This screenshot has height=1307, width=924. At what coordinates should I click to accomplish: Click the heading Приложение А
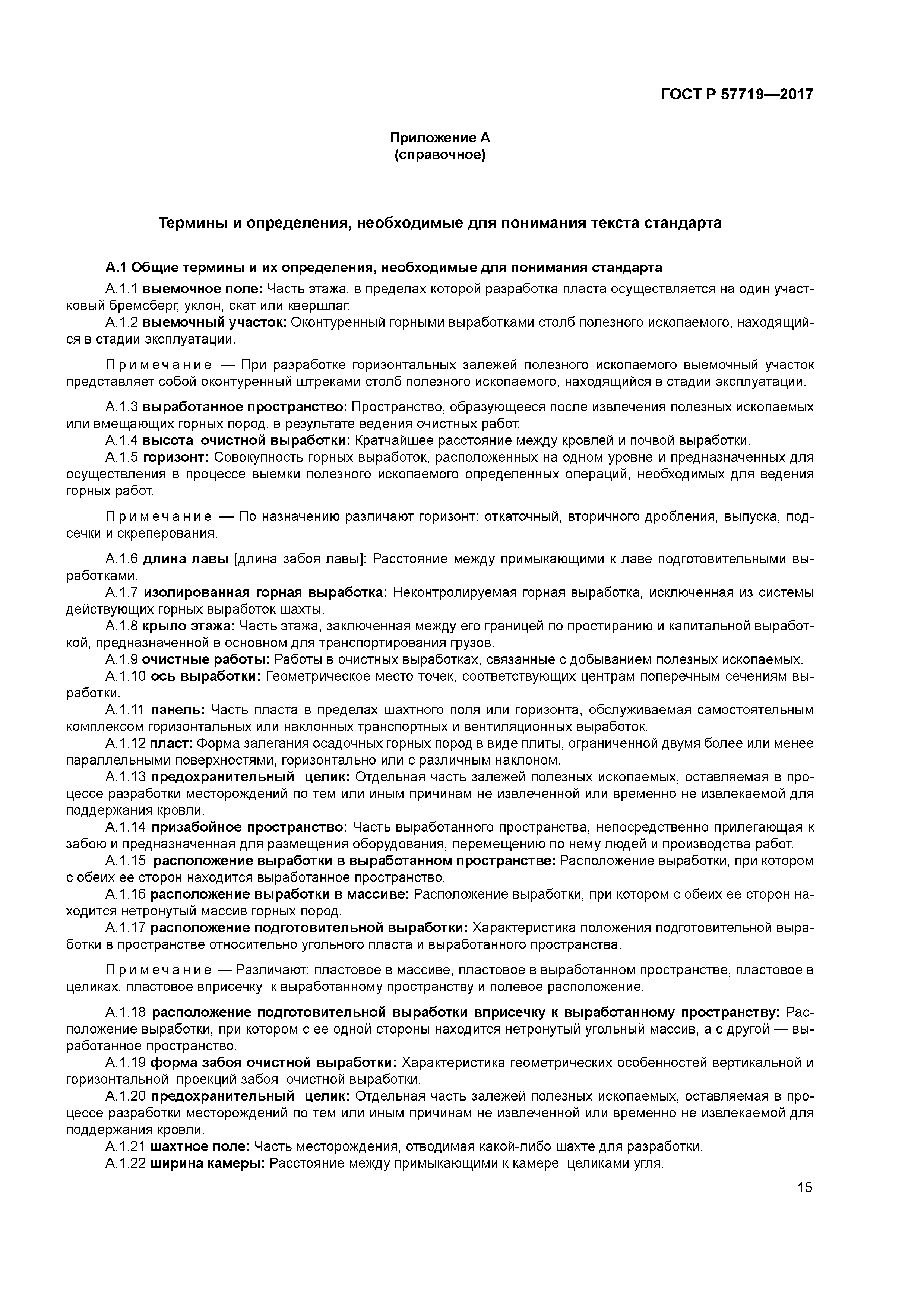tap(440, 138)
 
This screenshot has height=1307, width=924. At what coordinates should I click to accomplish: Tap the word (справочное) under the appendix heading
tap(440, 155)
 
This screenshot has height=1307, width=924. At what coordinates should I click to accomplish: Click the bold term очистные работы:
tap(206, 660)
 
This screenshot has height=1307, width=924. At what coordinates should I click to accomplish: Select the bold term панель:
tap(178, 710)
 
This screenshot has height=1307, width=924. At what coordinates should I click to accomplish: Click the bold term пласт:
tap(171, 743)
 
